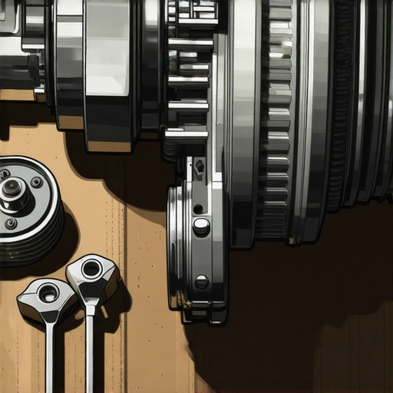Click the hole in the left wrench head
tap(48, 292)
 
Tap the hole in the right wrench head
tap(91, 269)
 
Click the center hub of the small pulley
tap(13, 189)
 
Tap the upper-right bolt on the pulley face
tap(37, 182)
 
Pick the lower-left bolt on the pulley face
tap(11, 223)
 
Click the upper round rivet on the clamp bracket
tap(201, 226)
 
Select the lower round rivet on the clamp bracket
tap(201, 282)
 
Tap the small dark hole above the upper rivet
tap(198, 209)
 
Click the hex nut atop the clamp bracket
tap(199, 165)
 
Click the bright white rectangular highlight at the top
tap(107, 46)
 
